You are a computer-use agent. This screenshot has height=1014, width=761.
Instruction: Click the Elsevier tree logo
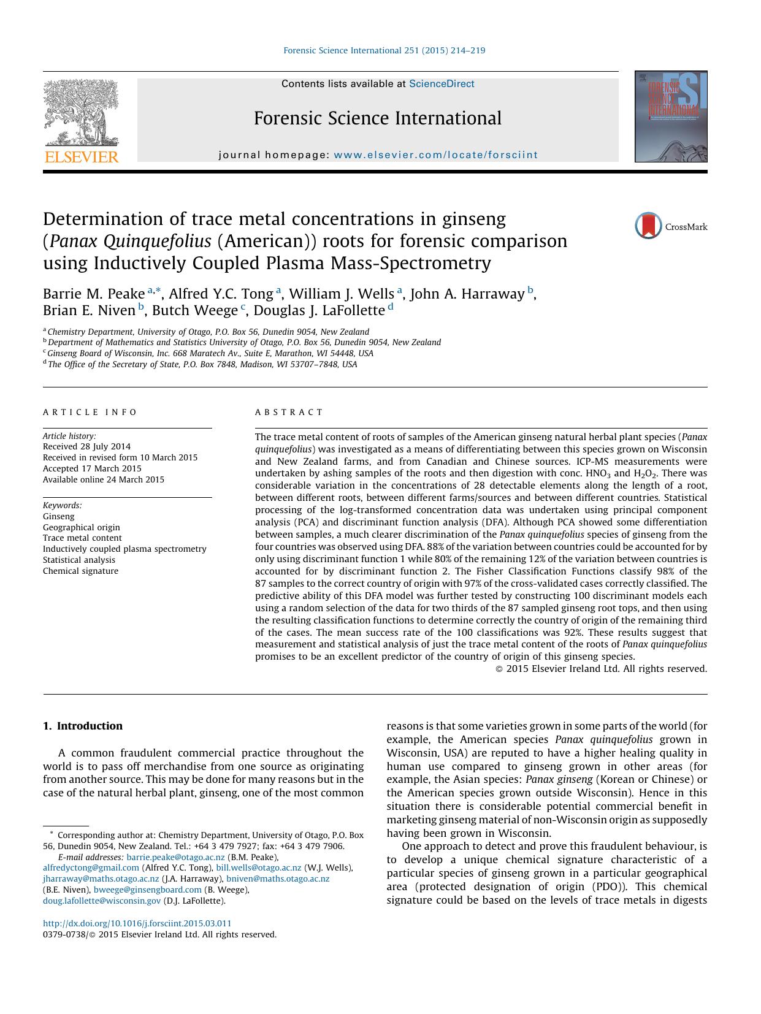point(81,114)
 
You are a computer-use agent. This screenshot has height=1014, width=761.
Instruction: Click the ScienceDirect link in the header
point(442,84)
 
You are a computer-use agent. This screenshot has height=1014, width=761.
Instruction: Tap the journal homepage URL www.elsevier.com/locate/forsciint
point(435,155)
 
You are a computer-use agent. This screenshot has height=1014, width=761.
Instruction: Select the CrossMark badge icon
point(648,226)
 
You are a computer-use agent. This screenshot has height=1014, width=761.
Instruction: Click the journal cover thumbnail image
point(670,116)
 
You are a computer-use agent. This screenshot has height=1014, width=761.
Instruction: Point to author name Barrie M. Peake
point(93,294)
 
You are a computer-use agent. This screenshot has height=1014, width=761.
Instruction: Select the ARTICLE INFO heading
point(90,413)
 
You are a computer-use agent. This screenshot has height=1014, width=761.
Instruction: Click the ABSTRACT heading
point(289,413)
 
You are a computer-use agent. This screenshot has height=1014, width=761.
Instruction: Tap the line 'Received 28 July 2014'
point(86,447)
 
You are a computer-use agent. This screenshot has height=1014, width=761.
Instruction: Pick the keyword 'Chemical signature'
point(80,571)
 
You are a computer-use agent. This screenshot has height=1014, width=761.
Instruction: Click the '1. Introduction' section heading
point(83,726)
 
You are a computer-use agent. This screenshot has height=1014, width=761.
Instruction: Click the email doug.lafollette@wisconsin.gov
point(102,901)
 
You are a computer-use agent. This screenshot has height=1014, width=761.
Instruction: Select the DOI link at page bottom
point(137,923)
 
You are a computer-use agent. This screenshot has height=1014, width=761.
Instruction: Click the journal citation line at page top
point(384,51)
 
